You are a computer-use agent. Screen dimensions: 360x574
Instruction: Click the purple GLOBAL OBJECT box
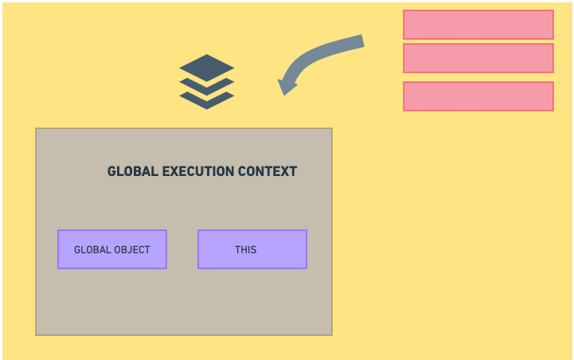tap(112, 249)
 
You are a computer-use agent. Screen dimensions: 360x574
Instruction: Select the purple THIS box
tap(252, 249)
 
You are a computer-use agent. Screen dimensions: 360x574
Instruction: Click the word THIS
tap(245, 249)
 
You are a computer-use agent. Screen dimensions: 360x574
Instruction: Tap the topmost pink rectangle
tap(478, 25)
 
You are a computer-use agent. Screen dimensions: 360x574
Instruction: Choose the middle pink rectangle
tap(478, 58)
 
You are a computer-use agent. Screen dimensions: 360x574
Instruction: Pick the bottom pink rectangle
tap(478, 96)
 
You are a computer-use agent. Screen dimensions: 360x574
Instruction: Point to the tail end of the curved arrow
tap(361, 41)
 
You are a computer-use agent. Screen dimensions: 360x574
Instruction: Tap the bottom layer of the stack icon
tap(206, 101)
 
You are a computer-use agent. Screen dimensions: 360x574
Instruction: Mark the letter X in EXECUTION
tap(172, 171)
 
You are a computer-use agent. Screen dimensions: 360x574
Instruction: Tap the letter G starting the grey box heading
tap(111, 171)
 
